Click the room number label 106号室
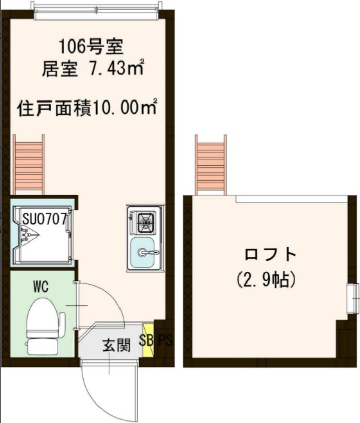(x=90, y=48)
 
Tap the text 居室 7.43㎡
(x=92, y=69)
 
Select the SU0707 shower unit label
(x=44, y=219)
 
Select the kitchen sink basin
(x=145, y=252)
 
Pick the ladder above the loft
(x=211, y=164)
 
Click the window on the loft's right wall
(x=352, y=297)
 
